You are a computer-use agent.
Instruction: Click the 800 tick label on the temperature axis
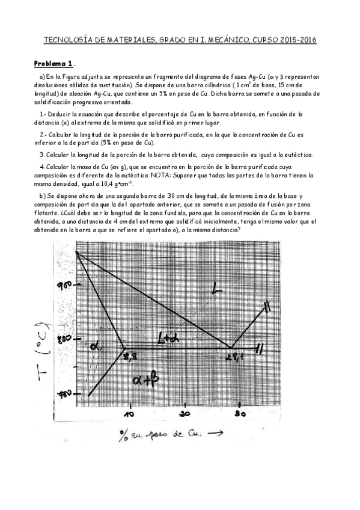pyautogui.click(x=64, y=340)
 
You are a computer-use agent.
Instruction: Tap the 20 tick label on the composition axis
pyautogui.click(x=185, y=415)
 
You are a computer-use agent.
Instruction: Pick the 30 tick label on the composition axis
pyautogui.click(x=240, y=414)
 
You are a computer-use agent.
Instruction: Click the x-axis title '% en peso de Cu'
pyautogui.click(x=162, y=434)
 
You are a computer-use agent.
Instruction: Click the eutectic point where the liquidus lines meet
pyautogui.click(x=231, y=347)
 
